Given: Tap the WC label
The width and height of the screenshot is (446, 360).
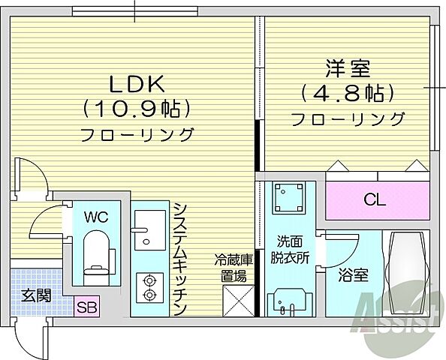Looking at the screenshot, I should pyautogui.click(x=95, y=217).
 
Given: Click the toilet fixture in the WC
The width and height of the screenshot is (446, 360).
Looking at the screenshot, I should pyautogui.click(x=95, y=252).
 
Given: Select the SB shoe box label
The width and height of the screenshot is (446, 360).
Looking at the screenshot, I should pyautogui.click(x=87, y=307).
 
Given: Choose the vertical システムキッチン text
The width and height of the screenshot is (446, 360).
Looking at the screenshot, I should pyautogui.click(x=179, y=259).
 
